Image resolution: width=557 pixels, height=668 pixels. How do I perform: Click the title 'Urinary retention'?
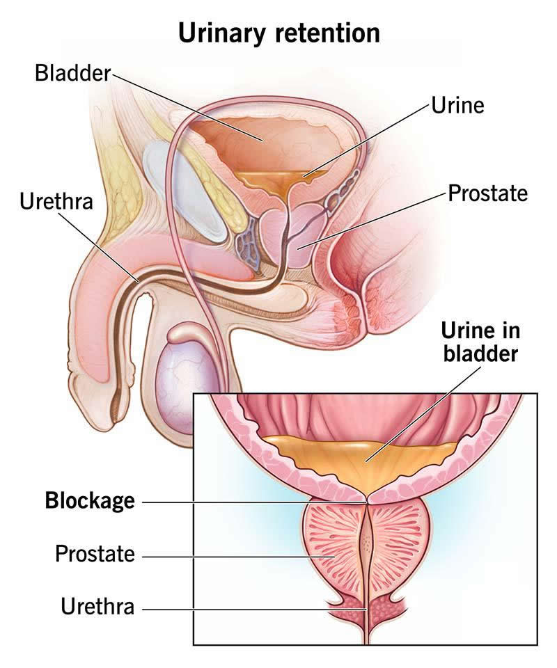tap(278, 33)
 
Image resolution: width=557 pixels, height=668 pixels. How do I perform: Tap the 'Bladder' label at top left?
tap(73, 73)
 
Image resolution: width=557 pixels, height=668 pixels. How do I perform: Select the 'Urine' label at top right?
tap(457, 105)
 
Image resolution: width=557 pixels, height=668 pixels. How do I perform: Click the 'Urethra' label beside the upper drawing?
tap(56, 201)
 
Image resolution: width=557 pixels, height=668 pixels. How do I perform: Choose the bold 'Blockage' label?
tap(90, 500)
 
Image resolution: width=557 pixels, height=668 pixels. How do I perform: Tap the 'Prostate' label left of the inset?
tap(95, 554)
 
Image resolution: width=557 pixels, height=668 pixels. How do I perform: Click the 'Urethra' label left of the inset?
tap(97, 606)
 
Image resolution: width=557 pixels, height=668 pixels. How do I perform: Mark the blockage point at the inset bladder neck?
tap(368, 501)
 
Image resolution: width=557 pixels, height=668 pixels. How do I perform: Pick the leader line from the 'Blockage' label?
tap(254, 502)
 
